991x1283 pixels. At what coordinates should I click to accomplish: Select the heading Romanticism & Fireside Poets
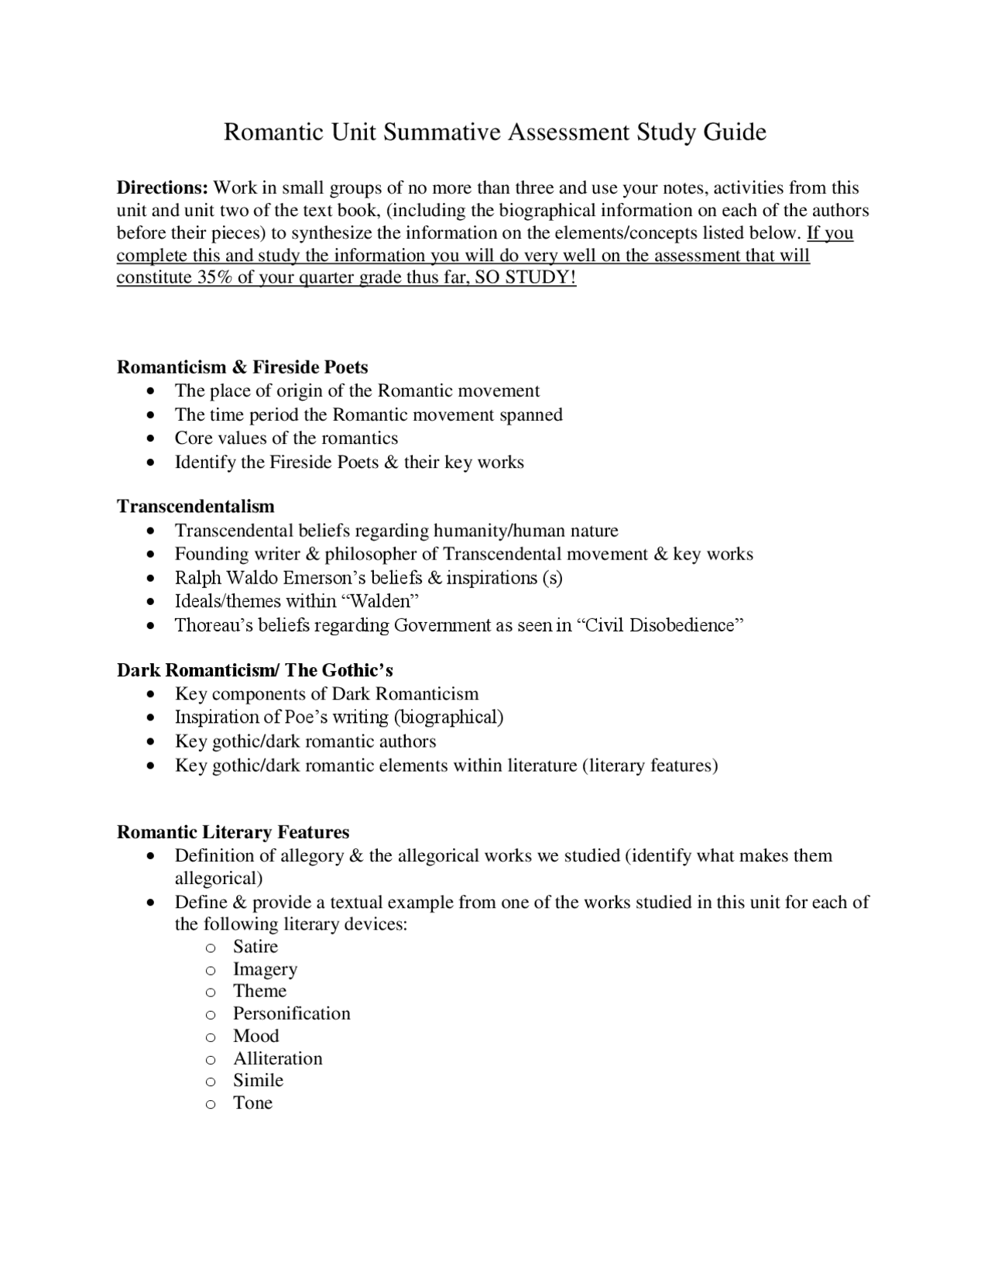point(242,367)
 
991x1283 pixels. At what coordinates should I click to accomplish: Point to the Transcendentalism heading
point(196,507)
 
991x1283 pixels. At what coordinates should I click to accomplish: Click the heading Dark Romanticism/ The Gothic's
point(255,670)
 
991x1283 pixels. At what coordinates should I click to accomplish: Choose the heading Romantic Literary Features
point(233,833)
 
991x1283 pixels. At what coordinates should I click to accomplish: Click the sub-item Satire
point(255,947)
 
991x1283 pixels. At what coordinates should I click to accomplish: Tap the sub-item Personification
point(292,1014)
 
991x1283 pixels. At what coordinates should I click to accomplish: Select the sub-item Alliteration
point(278,1059)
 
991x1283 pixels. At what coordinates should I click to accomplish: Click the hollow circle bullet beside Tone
point(210,1105)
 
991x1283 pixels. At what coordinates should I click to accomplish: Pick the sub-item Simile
point(259,1081)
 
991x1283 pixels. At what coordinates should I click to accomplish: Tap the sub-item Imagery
point(265,970)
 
